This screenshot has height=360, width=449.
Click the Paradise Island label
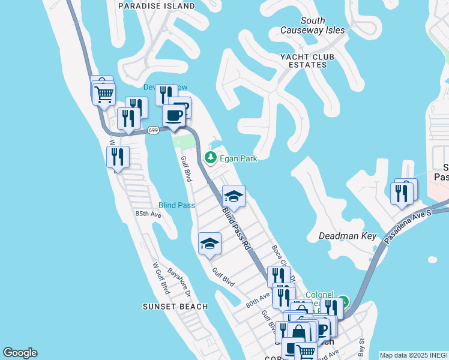tap(157, 6)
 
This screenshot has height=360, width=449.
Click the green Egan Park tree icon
tap(210, 158)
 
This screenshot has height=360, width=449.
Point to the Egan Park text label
tap(238, 158)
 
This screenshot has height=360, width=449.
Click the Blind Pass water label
tap(176, 205)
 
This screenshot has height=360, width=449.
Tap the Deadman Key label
tap(348, 236)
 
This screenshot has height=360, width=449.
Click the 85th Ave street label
tap(148, 214)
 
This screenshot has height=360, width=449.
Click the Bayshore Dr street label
tap(179, 283)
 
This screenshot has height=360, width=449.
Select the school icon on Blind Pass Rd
tap(234, 196)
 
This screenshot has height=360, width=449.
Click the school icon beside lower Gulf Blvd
tap(209, 243)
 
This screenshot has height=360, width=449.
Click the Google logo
tap(20, 353)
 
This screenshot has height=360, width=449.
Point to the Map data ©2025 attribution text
tap(414, 355)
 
